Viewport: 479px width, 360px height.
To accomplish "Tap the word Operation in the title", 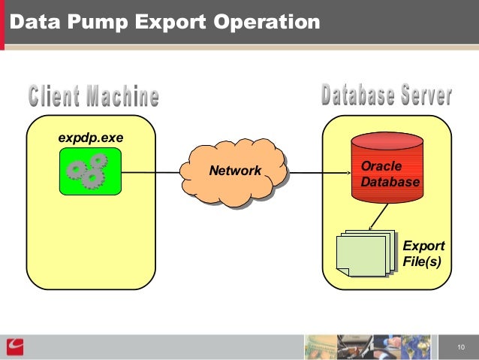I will click(267, 22).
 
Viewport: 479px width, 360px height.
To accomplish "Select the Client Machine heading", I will click(94, 96).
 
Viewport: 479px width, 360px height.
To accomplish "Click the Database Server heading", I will click(386, 95).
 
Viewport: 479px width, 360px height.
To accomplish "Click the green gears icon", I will click(90, 171).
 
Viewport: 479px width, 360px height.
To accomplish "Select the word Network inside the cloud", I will click(235, 171).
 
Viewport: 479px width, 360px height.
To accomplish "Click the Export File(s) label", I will click(423, 253).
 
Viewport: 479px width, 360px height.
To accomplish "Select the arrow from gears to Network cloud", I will click(151, 172).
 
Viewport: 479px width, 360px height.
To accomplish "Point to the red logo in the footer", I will click(15, 346).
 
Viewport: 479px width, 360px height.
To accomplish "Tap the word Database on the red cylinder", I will click(390, 182).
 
